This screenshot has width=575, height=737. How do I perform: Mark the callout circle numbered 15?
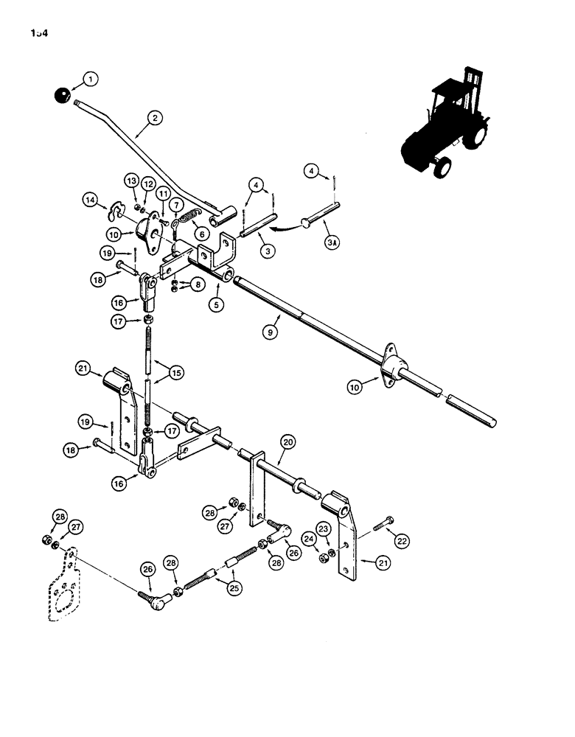(x=175, y=373)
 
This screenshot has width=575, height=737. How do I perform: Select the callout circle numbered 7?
(x=177, y=203)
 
